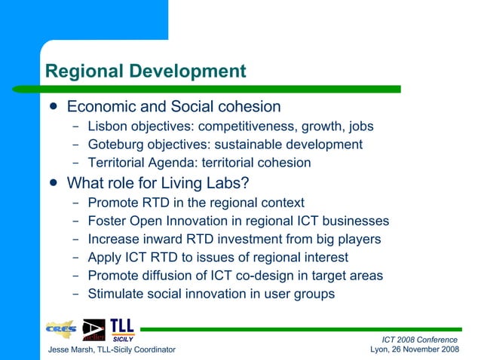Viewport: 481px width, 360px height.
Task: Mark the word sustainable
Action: tap(249, 144)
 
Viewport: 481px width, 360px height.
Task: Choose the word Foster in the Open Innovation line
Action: tap(107, 221)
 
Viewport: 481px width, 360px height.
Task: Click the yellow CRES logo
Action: tap(61, 329)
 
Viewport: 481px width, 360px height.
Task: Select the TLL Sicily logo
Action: tap(122, 329)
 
